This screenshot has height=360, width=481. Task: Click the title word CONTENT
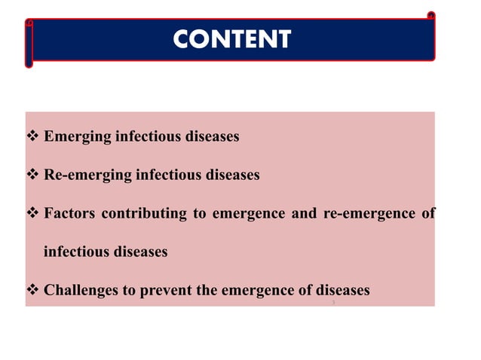click(x=231, y=39)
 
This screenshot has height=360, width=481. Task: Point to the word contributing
click(x=143, y=214)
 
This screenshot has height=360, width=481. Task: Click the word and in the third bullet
click(x=304, y=214)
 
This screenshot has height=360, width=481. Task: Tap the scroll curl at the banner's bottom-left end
click(x=29, y=62)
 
